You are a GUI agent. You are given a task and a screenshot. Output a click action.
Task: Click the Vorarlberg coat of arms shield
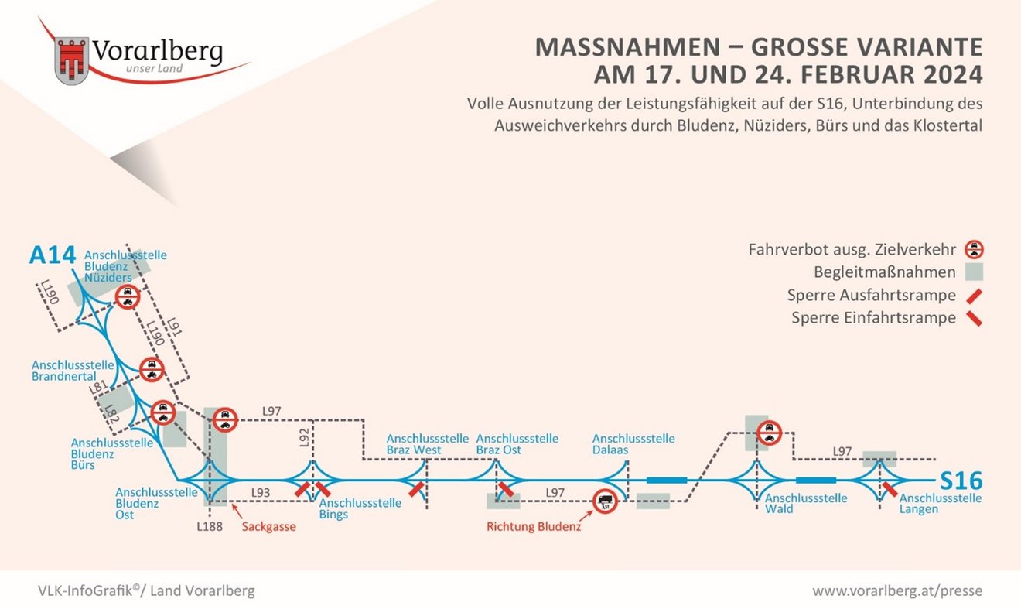[x=72, y=60]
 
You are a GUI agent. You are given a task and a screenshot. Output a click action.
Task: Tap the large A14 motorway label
[x=53, y=255]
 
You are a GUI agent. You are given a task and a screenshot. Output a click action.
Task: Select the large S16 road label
[x=961, y=481]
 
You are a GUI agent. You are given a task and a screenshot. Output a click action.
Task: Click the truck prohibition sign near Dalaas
[x=605, y=501]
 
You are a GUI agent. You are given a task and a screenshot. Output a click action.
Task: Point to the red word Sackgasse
[x=269, y=527]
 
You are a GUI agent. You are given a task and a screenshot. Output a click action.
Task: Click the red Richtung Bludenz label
[x=534, y=527]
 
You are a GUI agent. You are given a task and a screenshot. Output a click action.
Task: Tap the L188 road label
[x=210, y=527]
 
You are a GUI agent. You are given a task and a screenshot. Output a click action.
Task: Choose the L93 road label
[x=261, y=493]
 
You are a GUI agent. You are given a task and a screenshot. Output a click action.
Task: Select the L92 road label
[x=305, y=438]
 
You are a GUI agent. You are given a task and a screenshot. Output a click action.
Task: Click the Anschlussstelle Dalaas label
[x=633, y=444]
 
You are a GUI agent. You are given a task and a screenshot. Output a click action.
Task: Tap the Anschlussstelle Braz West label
[x=428, y=444]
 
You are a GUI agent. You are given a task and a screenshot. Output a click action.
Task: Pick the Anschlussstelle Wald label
[x=806, y=504]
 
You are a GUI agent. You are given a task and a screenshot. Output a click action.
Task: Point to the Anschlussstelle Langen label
[x=941, y=504]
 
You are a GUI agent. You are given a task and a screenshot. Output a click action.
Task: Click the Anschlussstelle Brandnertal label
[x=73, y=371]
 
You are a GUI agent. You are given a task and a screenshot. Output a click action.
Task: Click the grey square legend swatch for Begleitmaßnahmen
[x=974, y=272]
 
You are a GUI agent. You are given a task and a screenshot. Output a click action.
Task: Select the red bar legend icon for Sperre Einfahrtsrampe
[x=975, y=318]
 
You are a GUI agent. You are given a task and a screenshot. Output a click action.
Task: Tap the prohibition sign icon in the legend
[x=974, y=249]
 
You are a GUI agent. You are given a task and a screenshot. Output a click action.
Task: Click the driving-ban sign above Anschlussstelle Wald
[x=770, y=433]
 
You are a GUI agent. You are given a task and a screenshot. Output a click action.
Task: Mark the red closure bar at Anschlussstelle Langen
[x=890, y=490]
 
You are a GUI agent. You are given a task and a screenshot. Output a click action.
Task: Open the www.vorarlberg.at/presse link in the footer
[x=897, y=590]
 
